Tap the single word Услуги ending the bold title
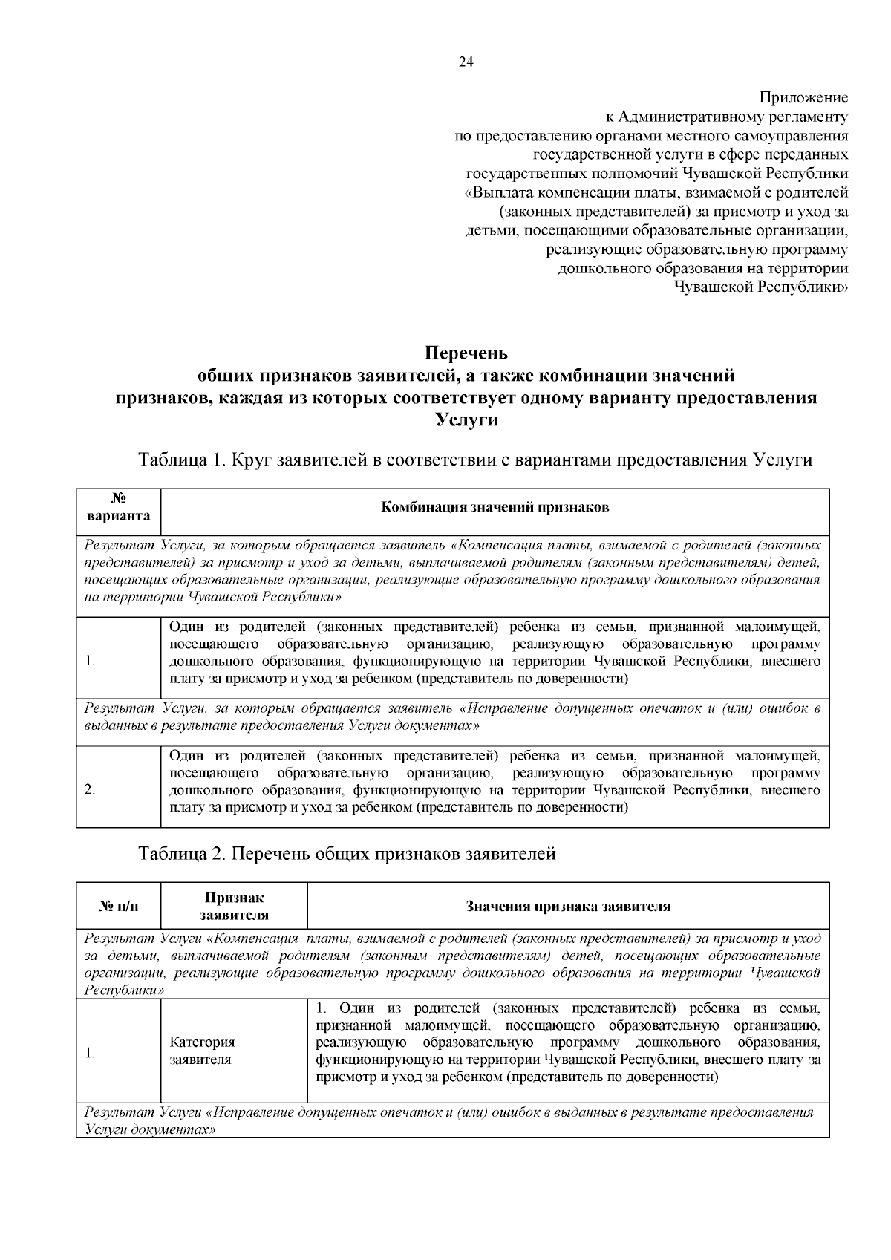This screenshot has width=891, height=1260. [x=466, y=420]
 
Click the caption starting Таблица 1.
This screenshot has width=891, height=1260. [x=475, y=460]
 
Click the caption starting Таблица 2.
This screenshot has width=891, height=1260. [x=347, y=854]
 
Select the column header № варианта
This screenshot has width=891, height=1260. [x=118, y=507]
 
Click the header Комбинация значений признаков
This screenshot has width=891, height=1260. [x=495, y=507]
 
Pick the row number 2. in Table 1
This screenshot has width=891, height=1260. [x=90, y=789]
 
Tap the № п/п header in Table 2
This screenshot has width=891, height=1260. [x=118, y=906]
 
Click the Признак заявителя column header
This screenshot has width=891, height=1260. [x=234, y=906]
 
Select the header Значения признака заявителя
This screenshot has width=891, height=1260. [x=568, y=906]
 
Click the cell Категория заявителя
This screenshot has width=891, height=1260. [x=202, y=1051]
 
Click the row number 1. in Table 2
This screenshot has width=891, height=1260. [x=90, y=1053]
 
